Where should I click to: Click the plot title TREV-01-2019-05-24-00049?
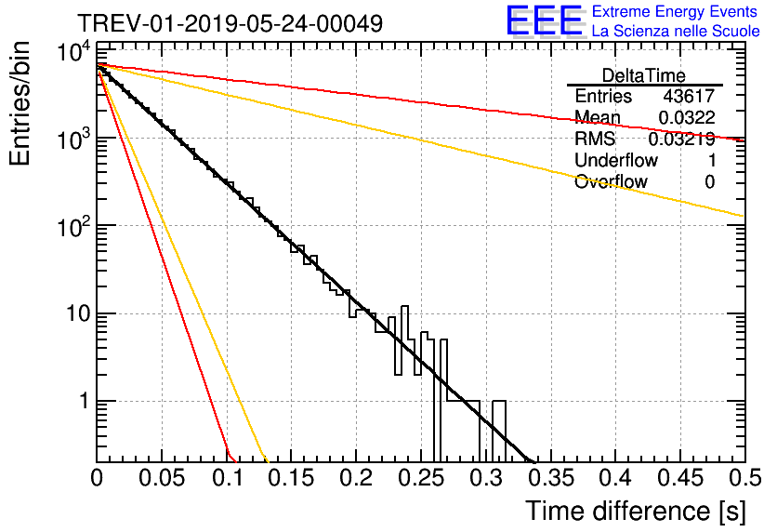[230, 23]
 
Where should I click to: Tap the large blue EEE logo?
[544, 21]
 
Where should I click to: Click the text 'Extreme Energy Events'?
[675, 12]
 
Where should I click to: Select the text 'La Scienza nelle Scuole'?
[676, 32]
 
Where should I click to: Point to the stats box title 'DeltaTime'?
[644, 74]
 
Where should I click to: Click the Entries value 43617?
[689, 96]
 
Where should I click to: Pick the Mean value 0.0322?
[686, 117]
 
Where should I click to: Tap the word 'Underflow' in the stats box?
[616, 160]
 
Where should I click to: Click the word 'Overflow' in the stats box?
[611, 181]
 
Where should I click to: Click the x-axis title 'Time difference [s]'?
[633, 512]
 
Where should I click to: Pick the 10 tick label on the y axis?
[74, 313]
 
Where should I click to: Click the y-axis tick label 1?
[81, 402]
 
